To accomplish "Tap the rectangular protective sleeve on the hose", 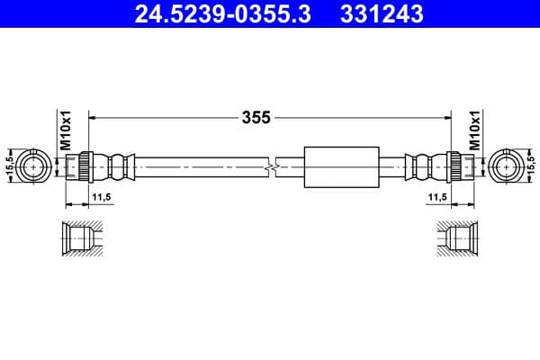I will [x=338, y=166].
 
